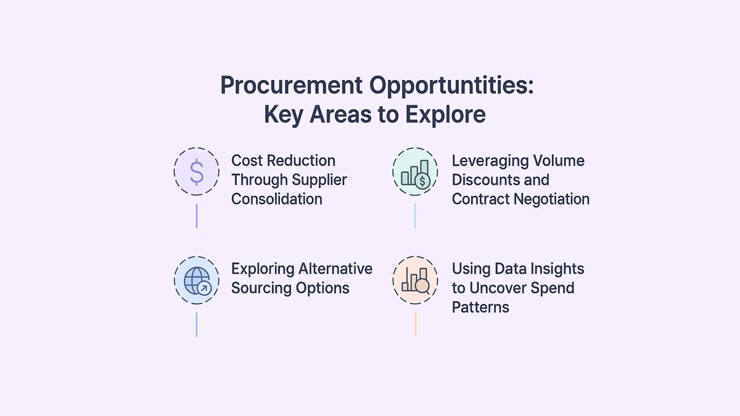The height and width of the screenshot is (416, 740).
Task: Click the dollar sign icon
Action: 197,172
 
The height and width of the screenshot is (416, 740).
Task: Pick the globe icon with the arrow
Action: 197,280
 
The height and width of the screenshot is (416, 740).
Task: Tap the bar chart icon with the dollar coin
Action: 415,172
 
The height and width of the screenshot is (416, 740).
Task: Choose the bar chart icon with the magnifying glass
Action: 415,280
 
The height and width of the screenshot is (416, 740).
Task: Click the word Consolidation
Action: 276,199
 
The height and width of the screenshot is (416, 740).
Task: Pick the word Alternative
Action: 336,269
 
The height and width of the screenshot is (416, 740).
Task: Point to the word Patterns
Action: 480,307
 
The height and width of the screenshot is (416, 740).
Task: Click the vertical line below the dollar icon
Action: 197,216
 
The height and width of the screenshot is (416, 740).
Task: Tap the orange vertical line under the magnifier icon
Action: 415,324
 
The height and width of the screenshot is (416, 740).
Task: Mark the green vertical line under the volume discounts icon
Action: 415,216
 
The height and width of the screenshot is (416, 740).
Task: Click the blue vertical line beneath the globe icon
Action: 197,324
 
